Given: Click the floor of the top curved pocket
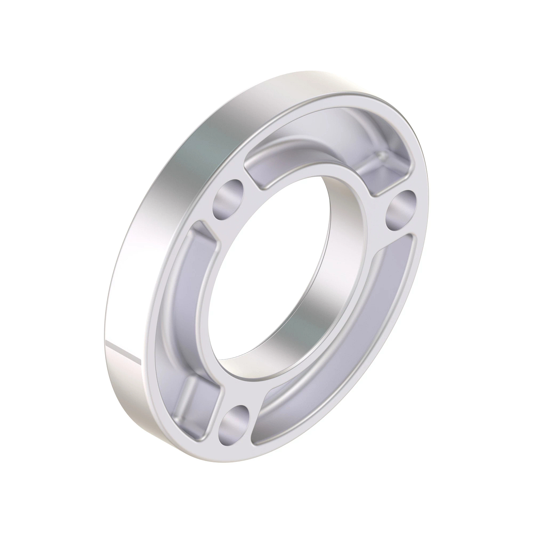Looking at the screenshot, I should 311,147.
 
